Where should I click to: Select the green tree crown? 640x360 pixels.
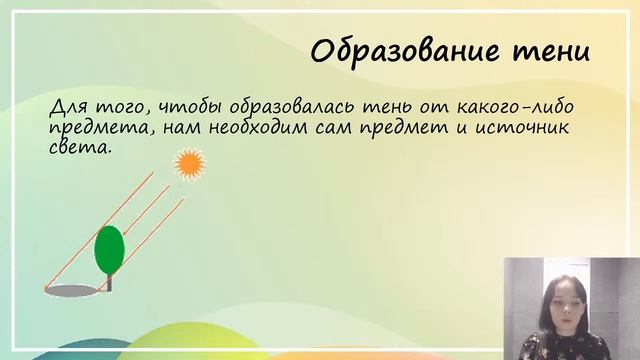[109, 249]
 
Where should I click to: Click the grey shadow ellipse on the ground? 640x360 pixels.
[76, 291]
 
